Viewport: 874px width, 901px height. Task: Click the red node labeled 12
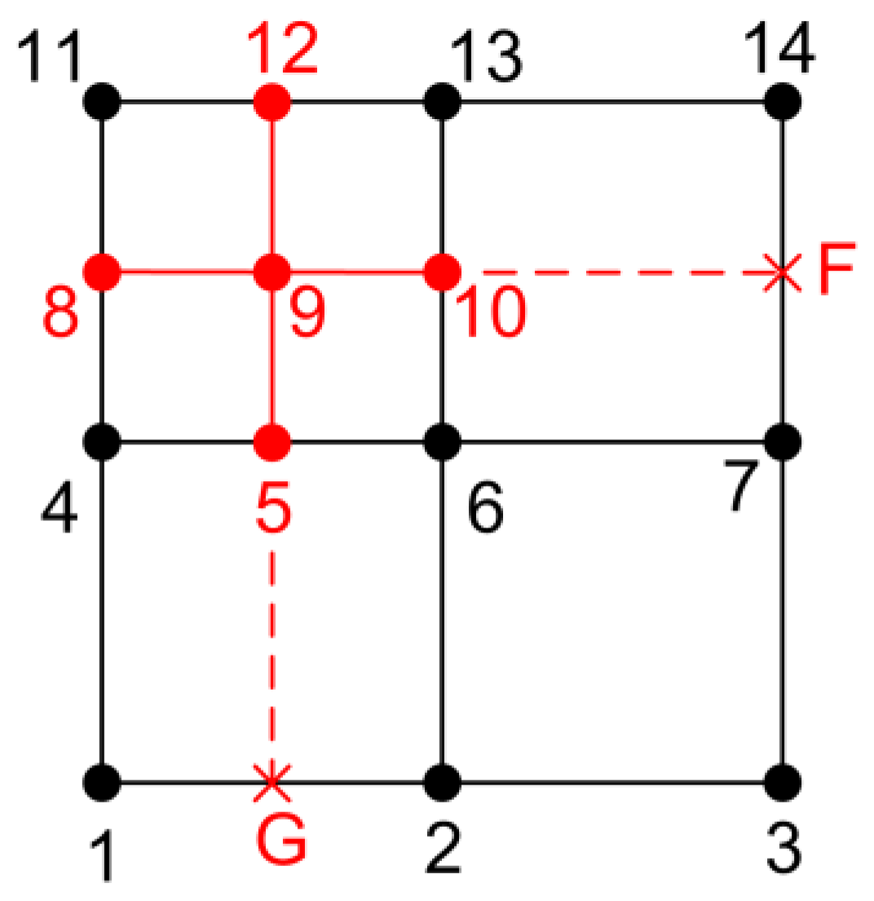pos(271,103)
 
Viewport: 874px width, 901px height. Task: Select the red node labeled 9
pos(271,272)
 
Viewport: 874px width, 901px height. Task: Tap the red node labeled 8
pos(103,270)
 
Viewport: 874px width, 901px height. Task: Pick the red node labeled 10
pos(443,272)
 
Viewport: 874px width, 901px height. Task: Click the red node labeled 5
pos(271,443)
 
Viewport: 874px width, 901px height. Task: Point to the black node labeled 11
pos(103,103)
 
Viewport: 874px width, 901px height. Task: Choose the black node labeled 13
pos(443,103)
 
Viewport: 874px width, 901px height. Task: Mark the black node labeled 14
pos(783,103)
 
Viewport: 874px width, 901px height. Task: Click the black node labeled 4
pos(103,443)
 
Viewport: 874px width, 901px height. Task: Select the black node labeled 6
pos(443,443)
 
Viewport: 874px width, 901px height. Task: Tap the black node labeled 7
pos(783,443)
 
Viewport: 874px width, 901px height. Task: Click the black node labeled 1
pos(103,781)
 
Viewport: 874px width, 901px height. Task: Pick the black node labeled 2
pos(443,781)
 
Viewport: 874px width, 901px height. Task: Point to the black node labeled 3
pos(783,781)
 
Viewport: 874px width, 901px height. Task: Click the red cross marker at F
pos(783,272)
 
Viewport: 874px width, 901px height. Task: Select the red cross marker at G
pos(271,781)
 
